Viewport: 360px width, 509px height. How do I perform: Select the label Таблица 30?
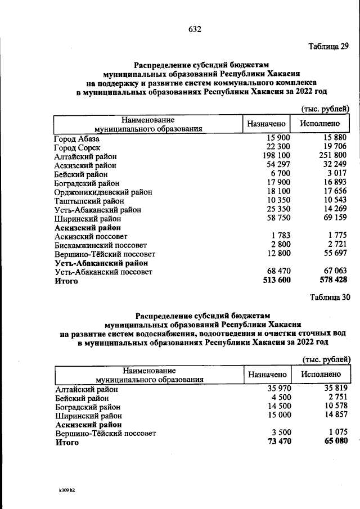(x=330, y=298)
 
